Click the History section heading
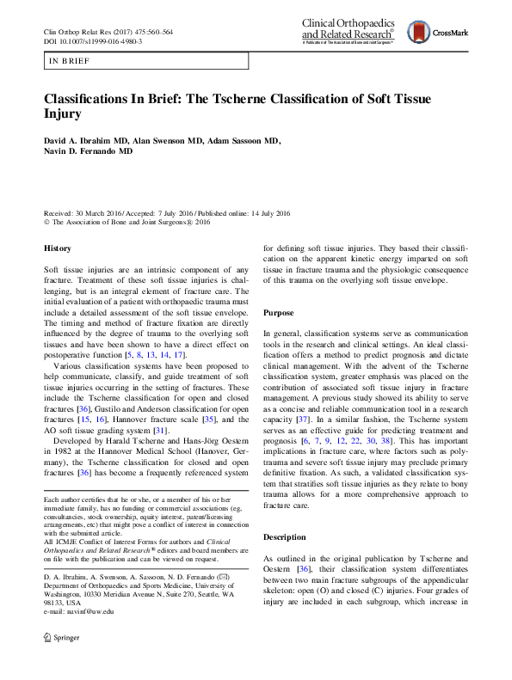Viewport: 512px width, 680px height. (x=58, y=248)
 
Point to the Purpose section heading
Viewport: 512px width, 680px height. (x=281, y=313)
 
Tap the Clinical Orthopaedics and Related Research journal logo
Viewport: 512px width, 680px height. (x=349, y=31)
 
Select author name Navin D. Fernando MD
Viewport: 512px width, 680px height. (x=89, y=151)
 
